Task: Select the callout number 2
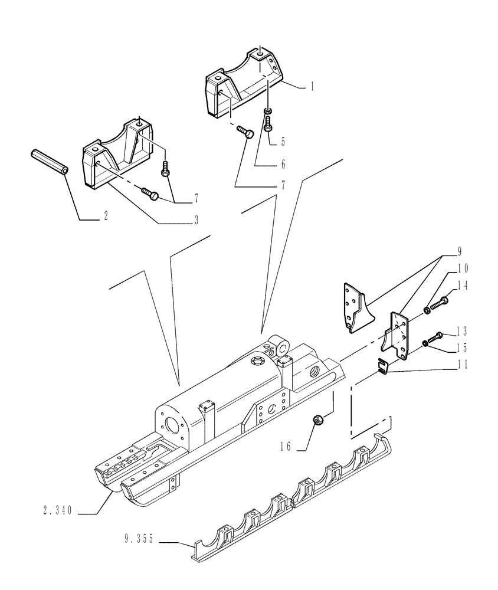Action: pos(106,216)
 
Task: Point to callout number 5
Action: pos(283,142)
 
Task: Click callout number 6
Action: pos(283,165)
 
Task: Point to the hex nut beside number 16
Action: pos(318,421)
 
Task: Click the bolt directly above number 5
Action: pos(269,124)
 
